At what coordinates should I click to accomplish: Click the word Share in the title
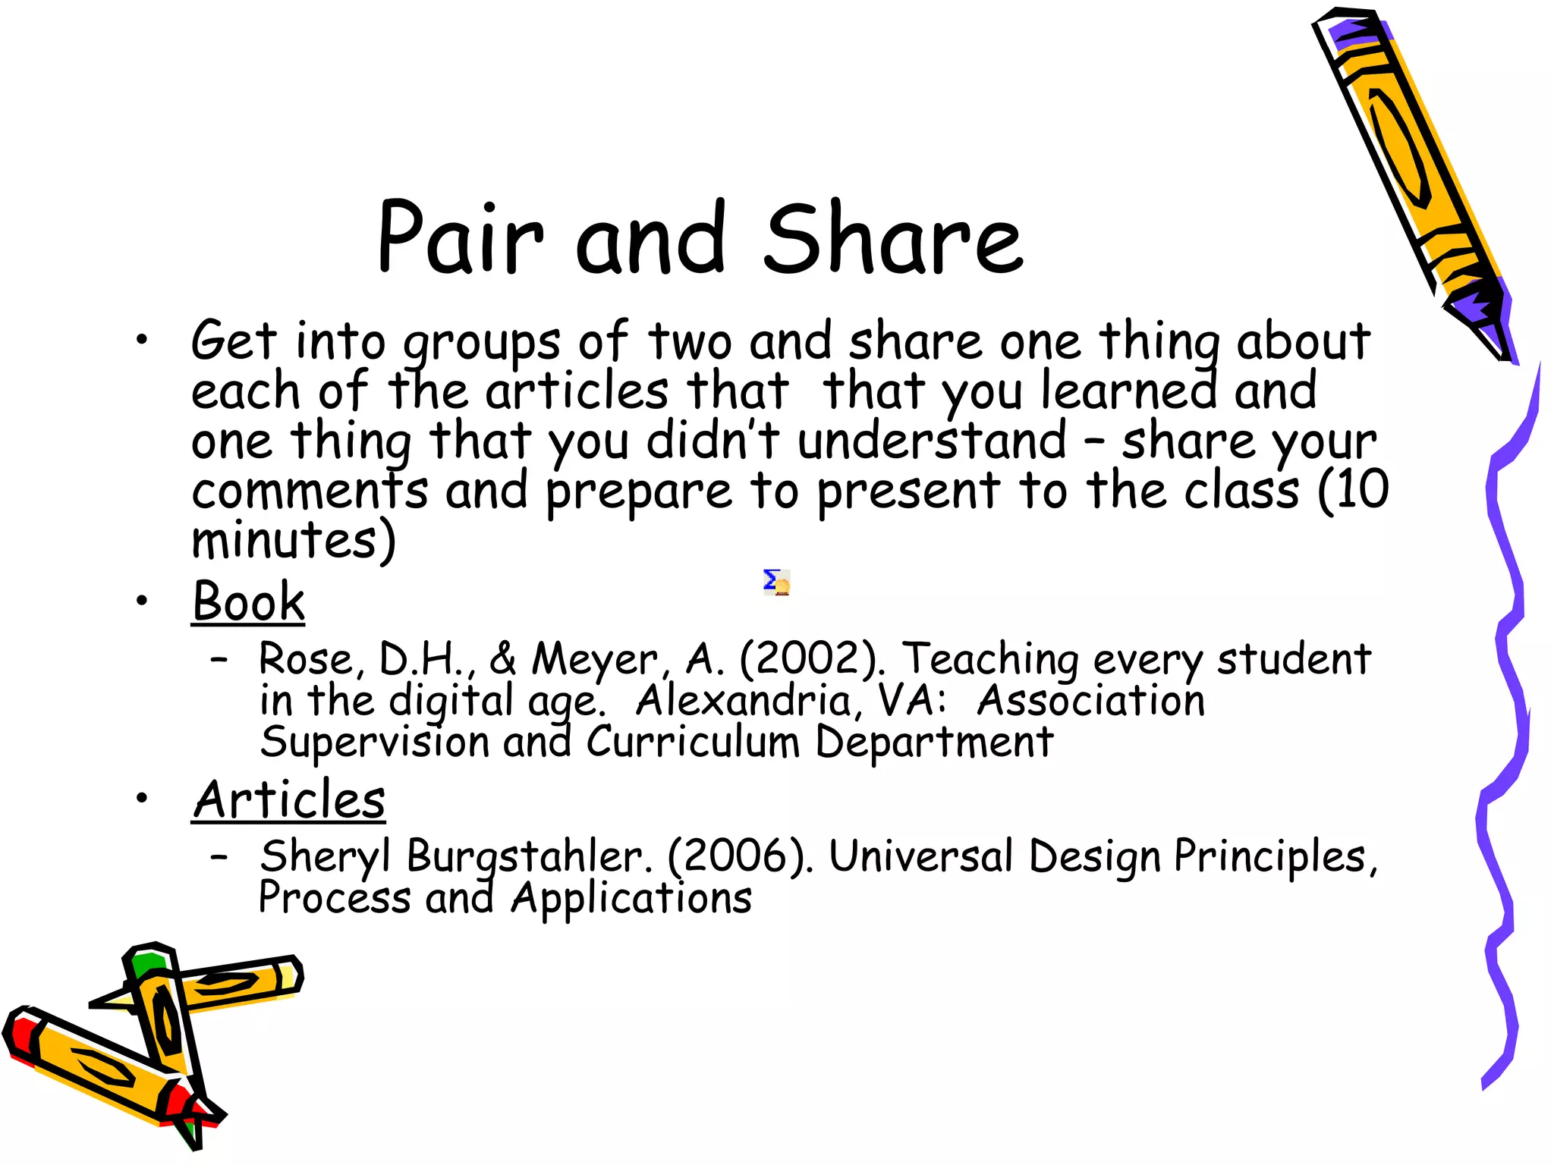pos(893,238)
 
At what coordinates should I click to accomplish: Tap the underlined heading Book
pos(248,601)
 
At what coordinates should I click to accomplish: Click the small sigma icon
pos(776,582)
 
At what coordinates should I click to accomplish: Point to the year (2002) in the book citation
pos(811,658)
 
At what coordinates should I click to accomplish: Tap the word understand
pos(932,441)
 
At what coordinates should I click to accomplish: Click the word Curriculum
pos(692,741)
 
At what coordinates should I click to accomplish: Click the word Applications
pos(631,899)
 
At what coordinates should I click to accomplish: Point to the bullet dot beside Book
pos(142,601)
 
